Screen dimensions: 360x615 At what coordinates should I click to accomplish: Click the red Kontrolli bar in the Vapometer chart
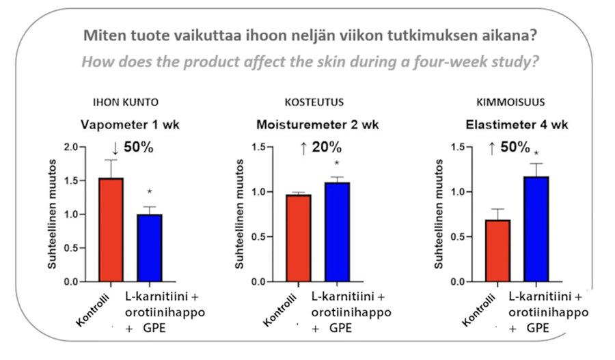pyautogui.click(x=111, y=230)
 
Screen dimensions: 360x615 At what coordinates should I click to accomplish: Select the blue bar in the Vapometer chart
pyautogui.click(x=150, y=248)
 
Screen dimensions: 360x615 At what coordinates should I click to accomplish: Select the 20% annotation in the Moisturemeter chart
pyautogui.click(x=326, y=146)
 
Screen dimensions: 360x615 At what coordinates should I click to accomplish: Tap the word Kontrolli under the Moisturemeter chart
pyautogui.click(x=279, y=310)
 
